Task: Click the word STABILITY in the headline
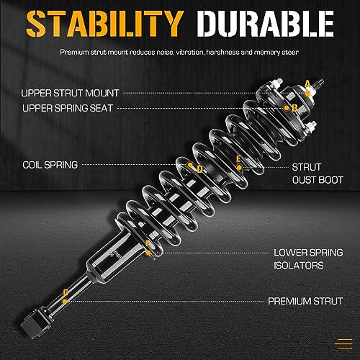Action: pos(104,24)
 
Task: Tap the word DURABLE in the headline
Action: pos(266,24)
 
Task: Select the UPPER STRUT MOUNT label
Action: pos(70,93)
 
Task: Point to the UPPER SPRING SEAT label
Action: pos(68,108)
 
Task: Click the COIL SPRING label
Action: pos(50,165)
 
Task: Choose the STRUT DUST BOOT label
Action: pos(318,174)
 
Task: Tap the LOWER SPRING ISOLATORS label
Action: pos(308,259)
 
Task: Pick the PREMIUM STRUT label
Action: pos(305,301)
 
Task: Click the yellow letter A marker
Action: pos(307,84)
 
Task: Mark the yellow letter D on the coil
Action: pos(199,169)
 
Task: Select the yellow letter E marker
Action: pos(238,159)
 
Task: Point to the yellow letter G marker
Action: pos(66,293)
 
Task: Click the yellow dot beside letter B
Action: pos(287,108)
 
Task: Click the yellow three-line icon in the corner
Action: pos(343,344)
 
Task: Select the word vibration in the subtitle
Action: pos(190,52)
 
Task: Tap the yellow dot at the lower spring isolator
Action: pos(148,253)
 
